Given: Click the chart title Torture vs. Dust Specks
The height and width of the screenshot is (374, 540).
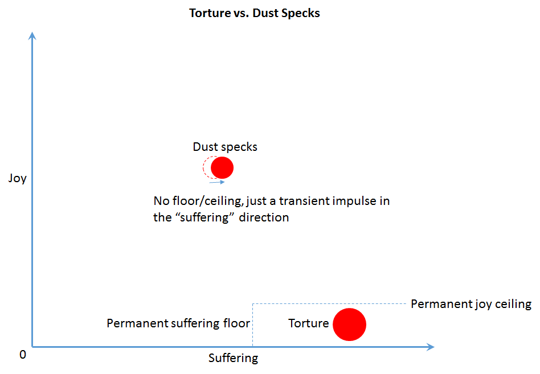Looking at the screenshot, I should [255, 13].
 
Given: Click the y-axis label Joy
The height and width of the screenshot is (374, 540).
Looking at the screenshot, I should [18, 178].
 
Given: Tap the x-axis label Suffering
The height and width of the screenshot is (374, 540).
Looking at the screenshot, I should [233, 358].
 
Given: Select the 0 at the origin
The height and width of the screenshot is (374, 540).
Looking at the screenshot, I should [23, 354].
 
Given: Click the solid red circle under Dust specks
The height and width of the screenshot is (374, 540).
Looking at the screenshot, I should [222, 168].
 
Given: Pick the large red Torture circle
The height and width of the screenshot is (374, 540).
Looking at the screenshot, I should [349, 324].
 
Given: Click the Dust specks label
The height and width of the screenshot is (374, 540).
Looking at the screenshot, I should [225, 147].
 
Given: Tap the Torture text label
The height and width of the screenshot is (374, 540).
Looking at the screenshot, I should [308, 323].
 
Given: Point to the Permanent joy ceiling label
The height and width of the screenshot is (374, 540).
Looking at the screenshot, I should [471, 304].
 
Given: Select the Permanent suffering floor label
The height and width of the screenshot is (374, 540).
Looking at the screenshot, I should [178, 323].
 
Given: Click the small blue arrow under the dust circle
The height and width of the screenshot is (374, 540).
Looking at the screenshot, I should [217, 182].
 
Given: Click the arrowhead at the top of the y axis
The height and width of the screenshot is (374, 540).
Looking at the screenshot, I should [32, 35].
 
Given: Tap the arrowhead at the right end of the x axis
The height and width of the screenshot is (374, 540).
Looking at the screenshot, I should [430, 346].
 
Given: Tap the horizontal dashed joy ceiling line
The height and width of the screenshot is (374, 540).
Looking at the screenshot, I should [330, 303].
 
